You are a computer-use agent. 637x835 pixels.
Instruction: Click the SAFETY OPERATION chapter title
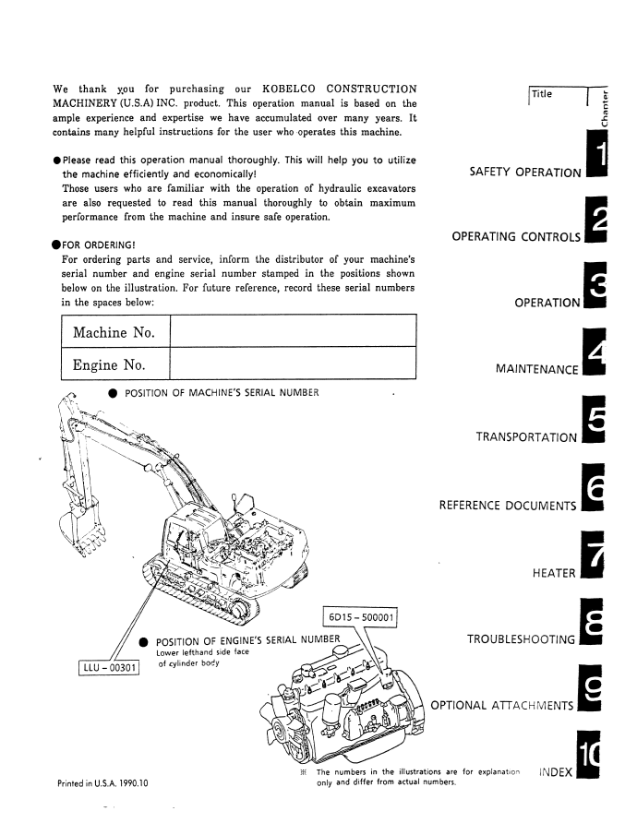point(525,173)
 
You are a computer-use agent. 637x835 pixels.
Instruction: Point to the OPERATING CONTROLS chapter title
point(516,237)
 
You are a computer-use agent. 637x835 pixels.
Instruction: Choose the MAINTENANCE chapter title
point(537,370)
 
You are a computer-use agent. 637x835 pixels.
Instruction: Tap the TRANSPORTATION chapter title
point(526,437)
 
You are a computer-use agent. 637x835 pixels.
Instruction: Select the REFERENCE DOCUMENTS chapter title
point(508,506)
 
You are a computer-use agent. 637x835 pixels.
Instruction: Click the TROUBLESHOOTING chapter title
point(522,638)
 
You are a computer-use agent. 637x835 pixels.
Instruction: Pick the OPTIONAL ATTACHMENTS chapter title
point(502,705)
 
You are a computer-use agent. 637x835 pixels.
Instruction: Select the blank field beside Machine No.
point(294,330)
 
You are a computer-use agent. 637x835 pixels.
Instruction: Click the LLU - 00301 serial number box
point(108,666)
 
